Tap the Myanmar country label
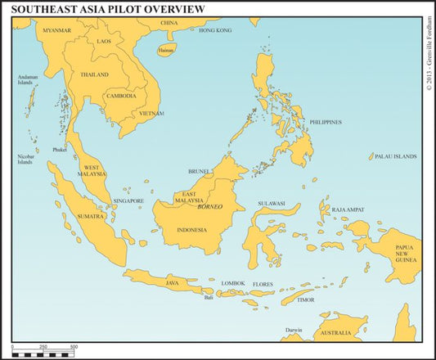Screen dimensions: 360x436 57,30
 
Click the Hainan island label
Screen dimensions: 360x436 166,50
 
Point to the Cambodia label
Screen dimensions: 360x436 121,96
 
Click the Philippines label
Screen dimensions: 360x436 326,122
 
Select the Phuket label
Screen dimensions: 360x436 60,150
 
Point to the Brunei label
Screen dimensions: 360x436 200,172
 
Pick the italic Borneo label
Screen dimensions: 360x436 210,207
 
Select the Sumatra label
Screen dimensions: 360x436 91,217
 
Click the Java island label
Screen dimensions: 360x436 173,283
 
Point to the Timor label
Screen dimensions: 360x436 305,299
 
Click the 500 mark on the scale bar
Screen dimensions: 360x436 74,347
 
